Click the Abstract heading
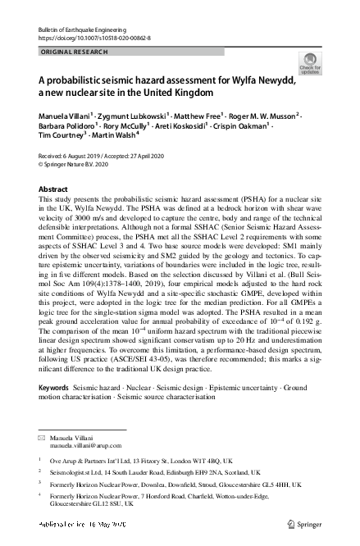(53, 189)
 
